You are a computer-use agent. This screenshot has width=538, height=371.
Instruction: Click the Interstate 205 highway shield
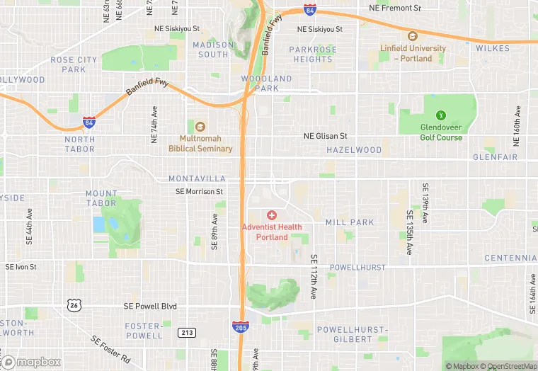pyautogui.click(x=239, y=326)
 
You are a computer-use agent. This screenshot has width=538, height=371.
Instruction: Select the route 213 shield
pyautogui.click(x=187, y=331)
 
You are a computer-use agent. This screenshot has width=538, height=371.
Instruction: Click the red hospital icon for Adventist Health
pyautogui.click(x=272, y=215)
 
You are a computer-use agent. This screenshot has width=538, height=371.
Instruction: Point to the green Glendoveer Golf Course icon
pyautogui.click(x=442, y=115)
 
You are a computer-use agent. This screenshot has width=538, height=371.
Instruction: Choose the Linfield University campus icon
pyautogui.click(x=412, y=36)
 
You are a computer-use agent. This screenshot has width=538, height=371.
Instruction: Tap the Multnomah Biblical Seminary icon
pyautogui.click(x=200, y=127)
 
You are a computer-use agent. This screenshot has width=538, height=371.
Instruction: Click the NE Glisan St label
pyautogui.click(x=326, y=136)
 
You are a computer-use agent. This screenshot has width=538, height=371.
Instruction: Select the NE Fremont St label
pyautogui.click(x=395, y=8)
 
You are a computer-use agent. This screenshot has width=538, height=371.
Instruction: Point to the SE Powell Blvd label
pyautogui.click(x=149, y=307)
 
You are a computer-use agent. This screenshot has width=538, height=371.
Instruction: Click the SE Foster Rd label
pyautogui.click(x=111, y=349)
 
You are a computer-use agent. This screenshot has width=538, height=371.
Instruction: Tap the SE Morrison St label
pyautogui.click(x=200, y=191)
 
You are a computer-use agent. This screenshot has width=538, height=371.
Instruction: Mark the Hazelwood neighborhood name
pyautogui.click(x=354, y=150)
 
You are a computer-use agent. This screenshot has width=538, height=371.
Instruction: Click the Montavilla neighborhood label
pyautogui.click(x=197, y=179)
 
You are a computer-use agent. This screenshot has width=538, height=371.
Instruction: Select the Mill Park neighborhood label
pyautogui.click(x=350, y=222)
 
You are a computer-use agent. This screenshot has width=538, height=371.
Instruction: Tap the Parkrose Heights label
pyautogui.click(x=313, y=54)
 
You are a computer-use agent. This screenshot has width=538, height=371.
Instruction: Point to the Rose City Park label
pyautogui.click(x=74, y=64)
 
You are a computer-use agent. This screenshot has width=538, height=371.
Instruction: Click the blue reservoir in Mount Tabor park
pyautogui.click(x=98, y=224)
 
